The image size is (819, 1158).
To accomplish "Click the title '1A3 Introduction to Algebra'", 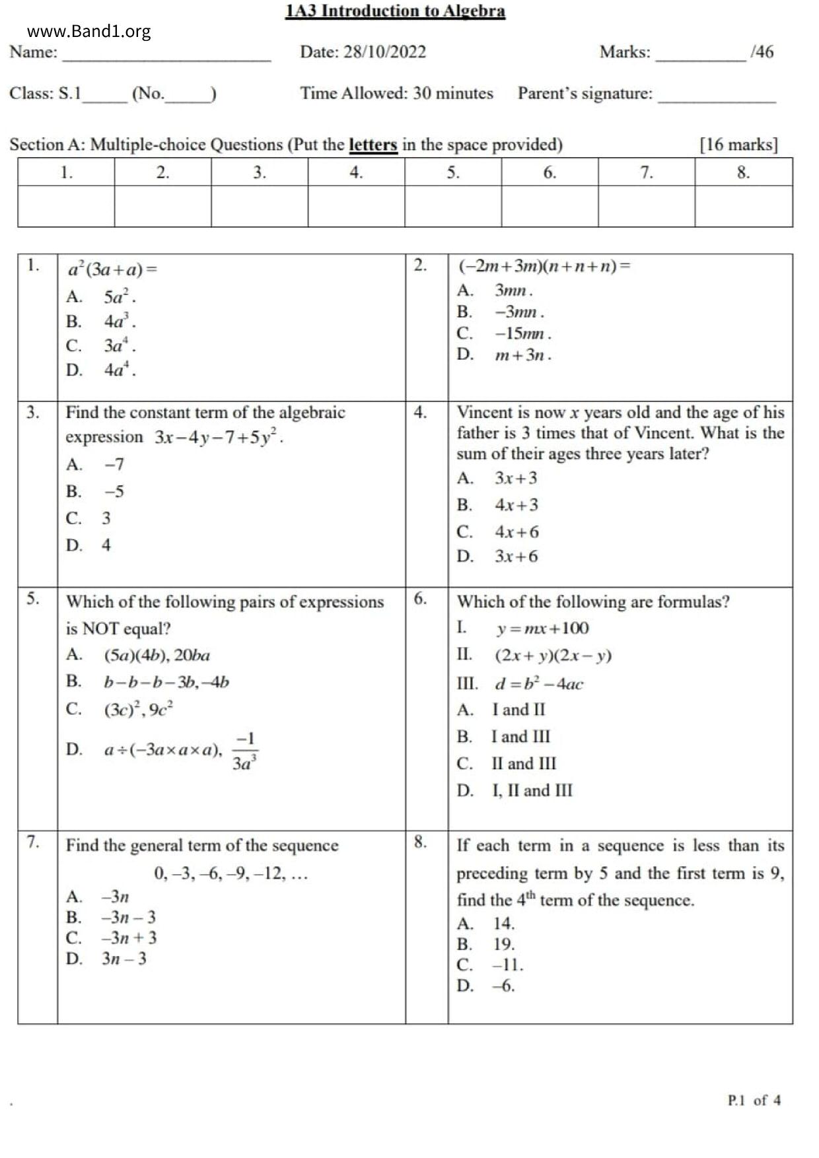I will point(395,11).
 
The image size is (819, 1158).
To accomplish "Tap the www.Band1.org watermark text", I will point(89,31).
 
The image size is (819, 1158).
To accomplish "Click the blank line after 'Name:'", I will point(166,55).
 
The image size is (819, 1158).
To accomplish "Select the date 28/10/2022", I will point(384,52).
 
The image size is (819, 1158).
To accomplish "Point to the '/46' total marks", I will point(762,52).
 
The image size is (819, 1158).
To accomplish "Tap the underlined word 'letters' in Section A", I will point(373,145).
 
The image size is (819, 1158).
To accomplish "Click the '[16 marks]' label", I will point(738,145).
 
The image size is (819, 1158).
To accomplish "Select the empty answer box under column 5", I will point(452,206).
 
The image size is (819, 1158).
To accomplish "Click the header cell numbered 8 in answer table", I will point(743,172).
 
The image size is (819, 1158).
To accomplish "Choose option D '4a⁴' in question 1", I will point(120,370).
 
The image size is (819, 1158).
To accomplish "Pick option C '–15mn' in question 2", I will point(522,333).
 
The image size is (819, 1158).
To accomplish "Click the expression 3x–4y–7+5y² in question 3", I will point(219,437).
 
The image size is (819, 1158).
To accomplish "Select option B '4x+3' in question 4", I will point(516,505).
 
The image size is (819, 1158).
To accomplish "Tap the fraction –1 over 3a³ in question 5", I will point(244,751).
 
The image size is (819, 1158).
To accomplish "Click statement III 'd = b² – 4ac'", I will point(538,683).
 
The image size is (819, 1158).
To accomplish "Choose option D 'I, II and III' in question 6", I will point(532,790).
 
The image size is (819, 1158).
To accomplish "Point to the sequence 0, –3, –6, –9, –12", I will point(231,873).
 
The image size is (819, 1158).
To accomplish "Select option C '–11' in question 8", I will point(507,965).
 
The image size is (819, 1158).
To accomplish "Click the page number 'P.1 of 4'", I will point(754,1100).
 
